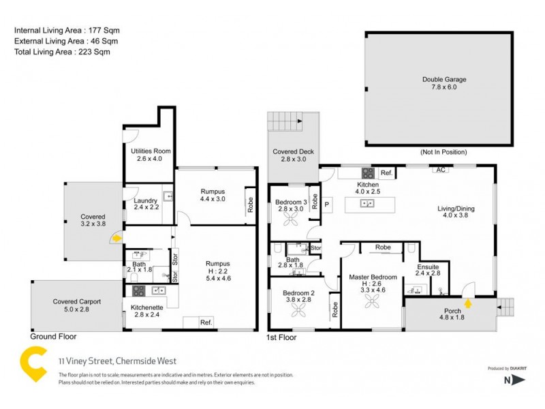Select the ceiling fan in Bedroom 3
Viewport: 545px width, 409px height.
(x=293, y=219)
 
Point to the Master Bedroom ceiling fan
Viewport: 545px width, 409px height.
(x=373, y=301)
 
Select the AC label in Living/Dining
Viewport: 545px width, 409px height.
(x=440, y=169)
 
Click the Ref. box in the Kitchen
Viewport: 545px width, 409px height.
(x=386, y=173)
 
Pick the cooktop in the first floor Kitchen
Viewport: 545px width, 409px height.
(x=367, y=173)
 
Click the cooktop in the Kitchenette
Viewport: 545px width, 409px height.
(x=138, y=291)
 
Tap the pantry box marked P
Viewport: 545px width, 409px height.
(x=326, y=204)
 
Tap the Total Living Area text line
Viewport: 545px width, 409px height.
(x=62, y=52)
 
